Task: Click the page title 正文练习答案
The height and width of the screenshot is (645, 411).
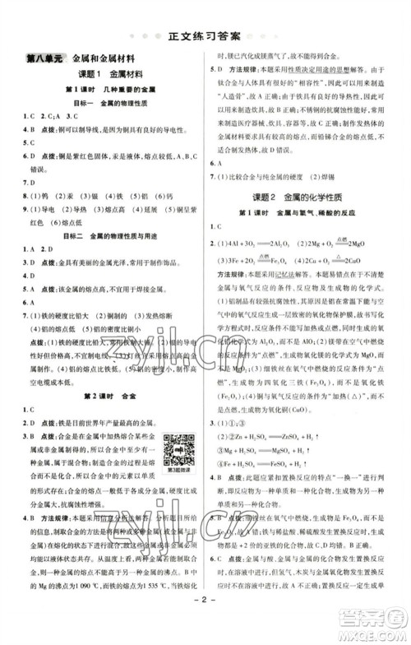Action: (x=205, y=36)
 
